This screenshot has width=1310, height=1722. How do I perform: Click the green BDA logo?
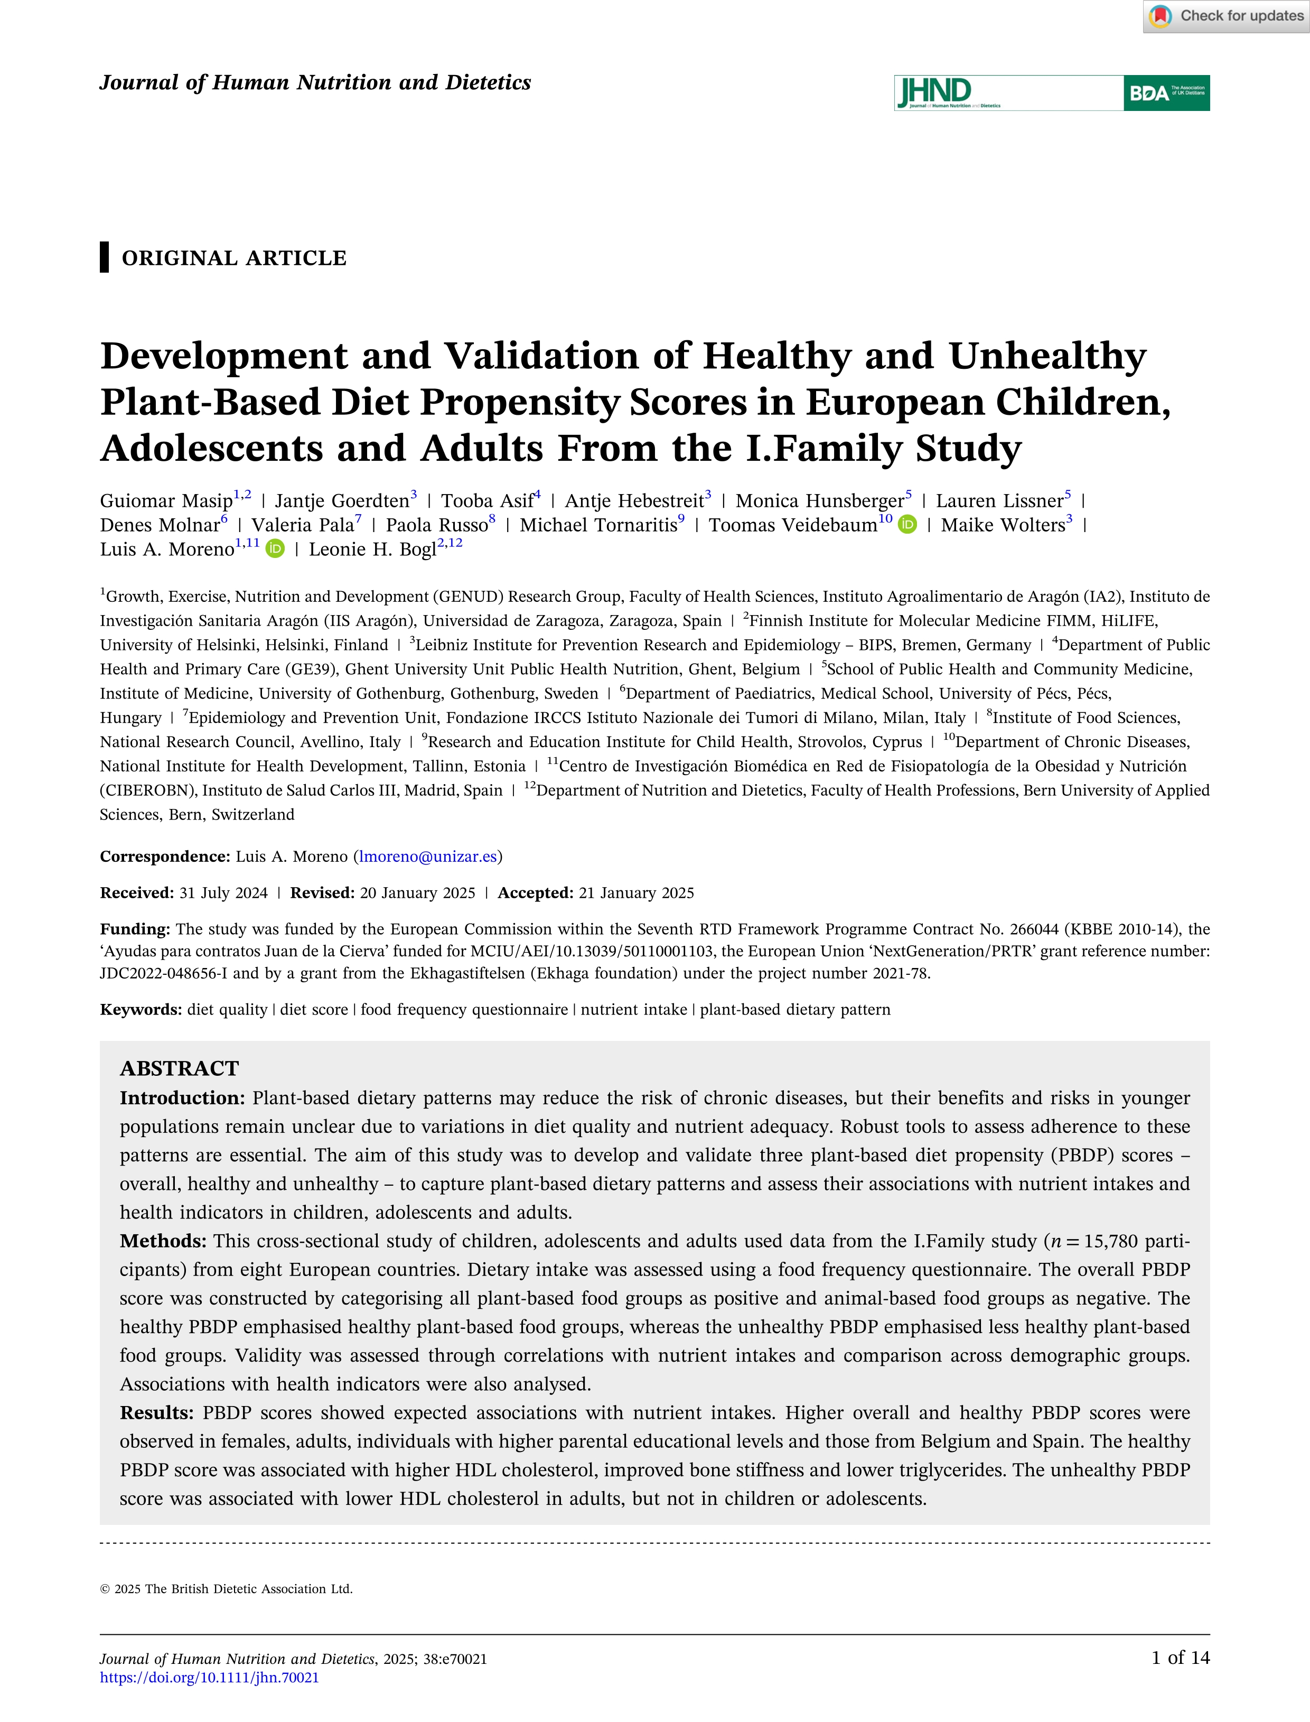click(1166, 93)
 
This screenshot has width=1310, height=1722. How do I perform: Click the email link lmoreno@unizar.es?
click(428, 857)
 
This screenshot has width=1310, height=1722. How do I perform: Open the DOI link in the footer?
click(209, 1678)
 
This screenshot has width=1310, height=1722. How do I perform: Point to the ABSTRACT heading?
click(180, 1068)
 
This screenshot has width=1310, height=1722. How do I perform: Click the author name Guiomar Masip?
click(166, 501)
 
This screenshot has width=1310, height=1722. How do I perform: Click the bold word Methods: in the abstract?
click(163, 1241)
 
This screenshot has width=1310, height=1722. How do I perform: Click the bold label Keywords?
click(141, 1009)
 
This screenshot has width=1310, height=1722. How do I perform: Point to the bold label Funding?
click(135, 929)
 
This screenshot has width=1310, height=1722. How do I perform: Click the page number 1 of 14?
click(1180, 1658)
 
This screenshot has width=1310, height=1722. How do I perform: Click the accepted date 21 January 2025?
click(635, 893)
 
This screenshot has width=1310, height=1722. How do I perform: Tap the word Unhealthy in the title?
click(1047, 357)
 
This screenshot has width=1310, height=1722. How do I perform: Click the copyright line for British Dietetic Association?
click(226, 1589)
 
